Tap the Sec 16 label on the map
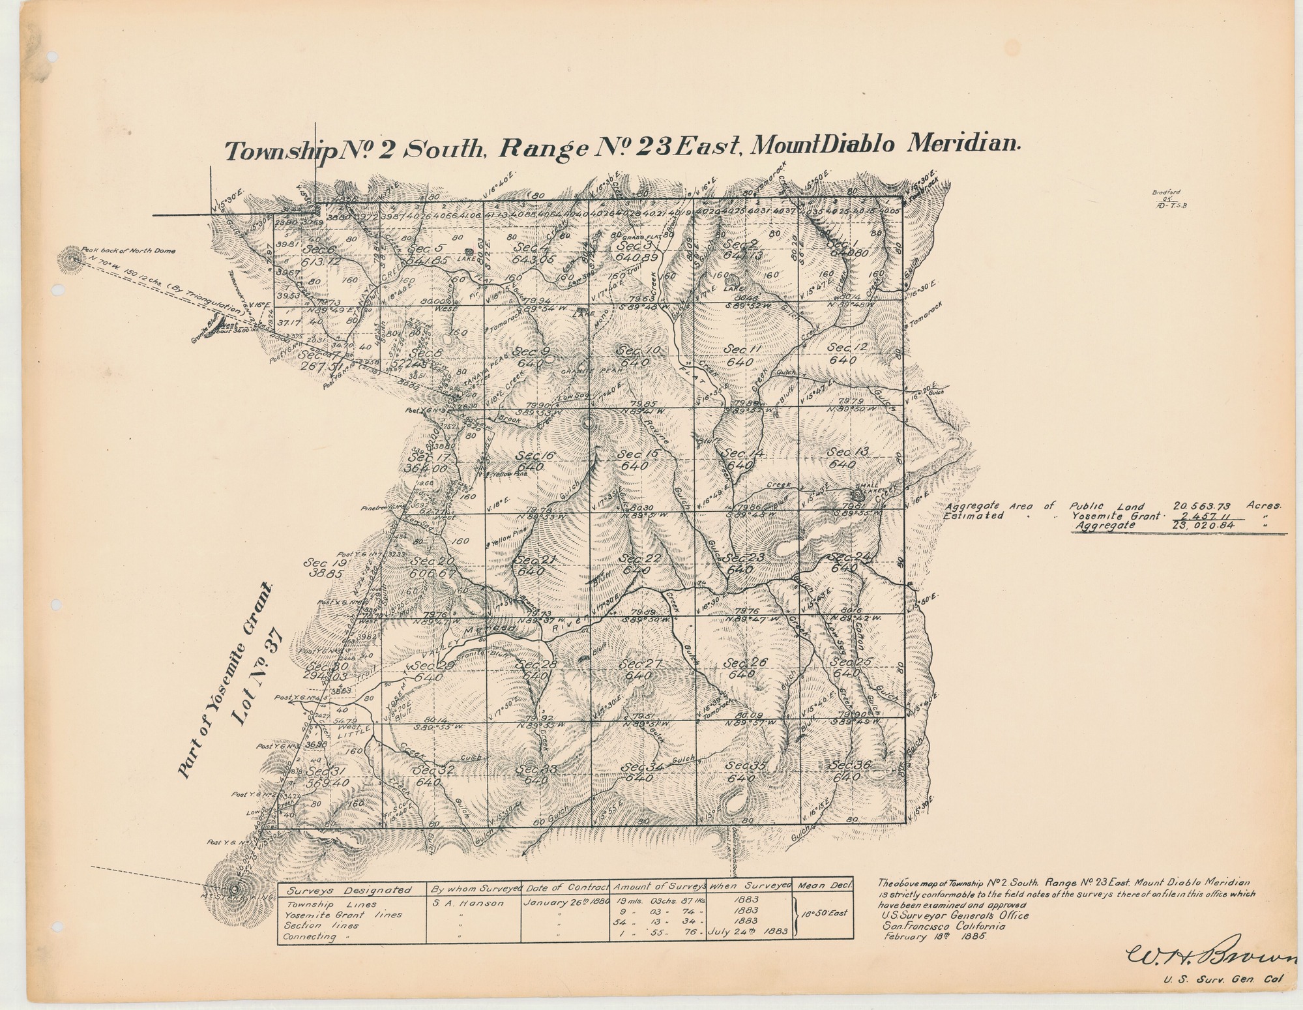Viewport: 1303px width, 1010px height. (529, 456)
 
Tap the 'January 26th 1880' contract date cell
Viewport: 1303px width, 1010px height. (564, 905)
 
